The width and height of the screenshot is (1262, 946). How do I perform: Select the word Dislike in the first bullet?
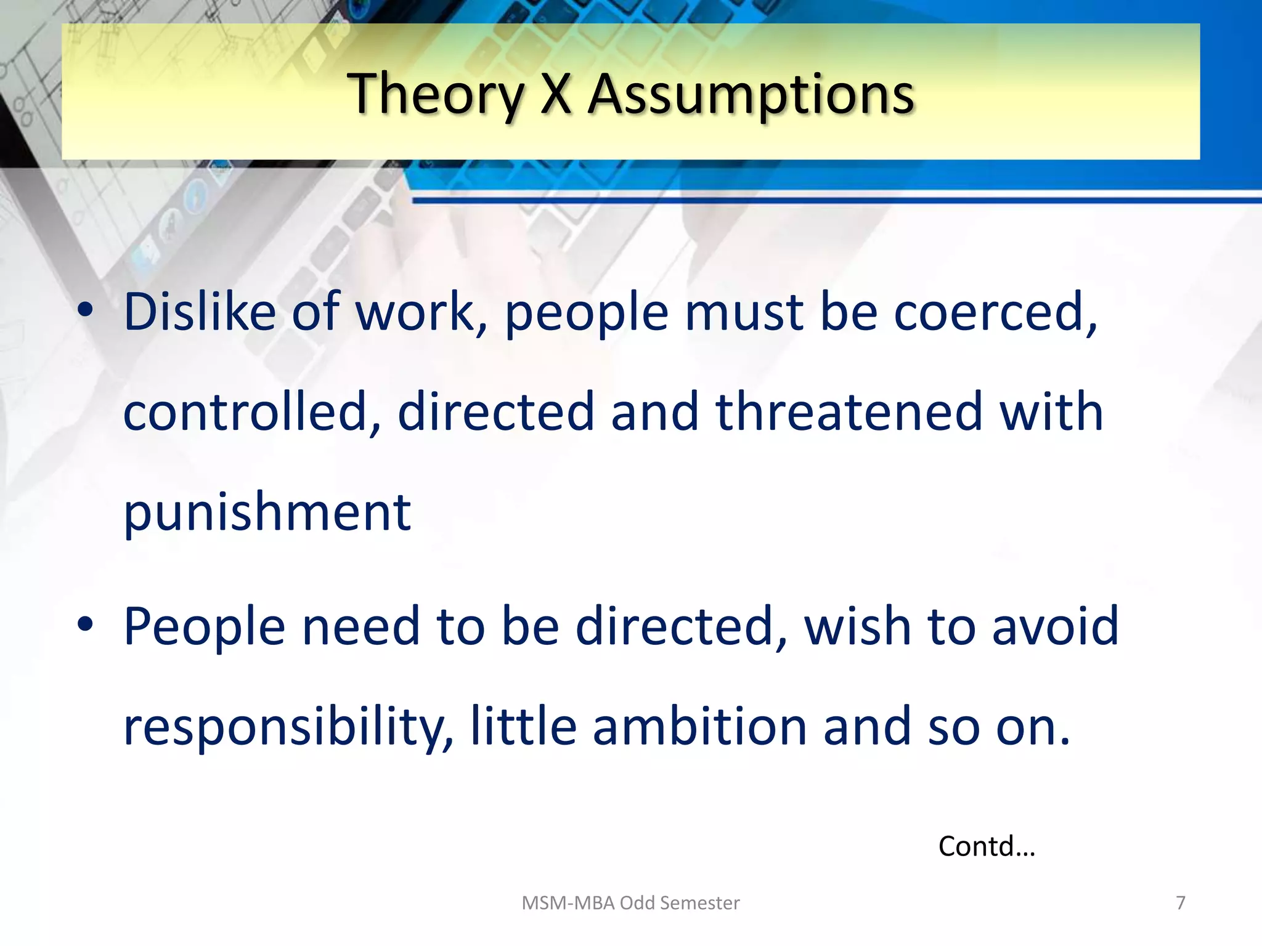200,312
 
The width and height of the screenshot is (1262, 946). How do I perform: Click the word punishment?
267,512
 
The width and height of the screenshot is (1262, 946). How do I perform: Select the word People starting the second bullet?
204,626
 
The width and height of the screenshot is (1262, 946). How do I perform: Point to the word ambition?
699,727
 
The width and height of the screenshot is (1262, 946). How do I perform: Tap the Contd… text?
986,846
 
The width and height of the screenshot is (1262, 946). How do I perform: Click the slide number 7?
1180,903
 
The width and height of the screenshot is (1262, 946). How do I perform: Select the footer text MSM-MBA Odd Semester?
630,903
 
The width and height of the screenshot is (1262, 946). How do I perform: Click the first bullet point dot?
85,310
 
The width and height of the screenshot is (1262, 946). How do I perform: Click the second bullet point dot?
85,625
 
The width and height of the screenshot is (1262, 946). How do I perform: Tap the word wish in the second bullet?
857,626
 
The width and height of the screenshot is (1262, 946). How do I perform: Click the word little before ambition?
523,727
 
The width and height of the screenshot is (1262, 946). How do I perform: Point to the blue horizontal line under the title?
832,200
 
